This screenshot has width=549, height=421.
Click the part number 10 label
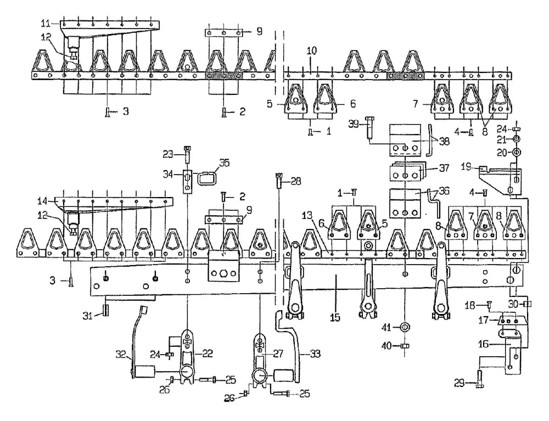(311, 50)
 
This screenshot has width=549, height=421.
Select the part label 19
(466, 165)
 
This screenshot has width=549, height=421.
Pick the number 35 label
(223, 163)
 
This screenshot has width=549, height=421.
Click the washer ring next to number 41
(405, 328)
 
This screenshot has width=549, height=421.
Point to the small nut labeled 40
(405, 346)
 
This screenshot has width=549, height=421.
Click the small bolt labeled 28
(279, 179)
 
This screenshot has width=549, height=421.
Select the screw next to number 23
(188, 156)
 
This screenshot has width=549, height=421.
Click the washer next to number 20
(516, 151)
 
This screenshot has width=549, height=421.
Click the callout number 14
(41, 200)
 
